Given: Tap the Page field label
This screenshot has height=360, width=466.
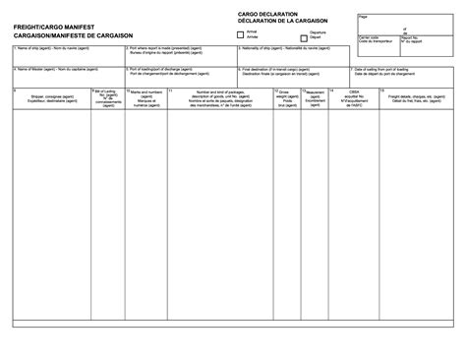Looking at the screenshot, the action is (x=363, y=17).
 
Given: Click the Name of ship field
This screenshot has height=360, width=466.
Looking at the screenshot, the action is (x=69, y=57).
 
